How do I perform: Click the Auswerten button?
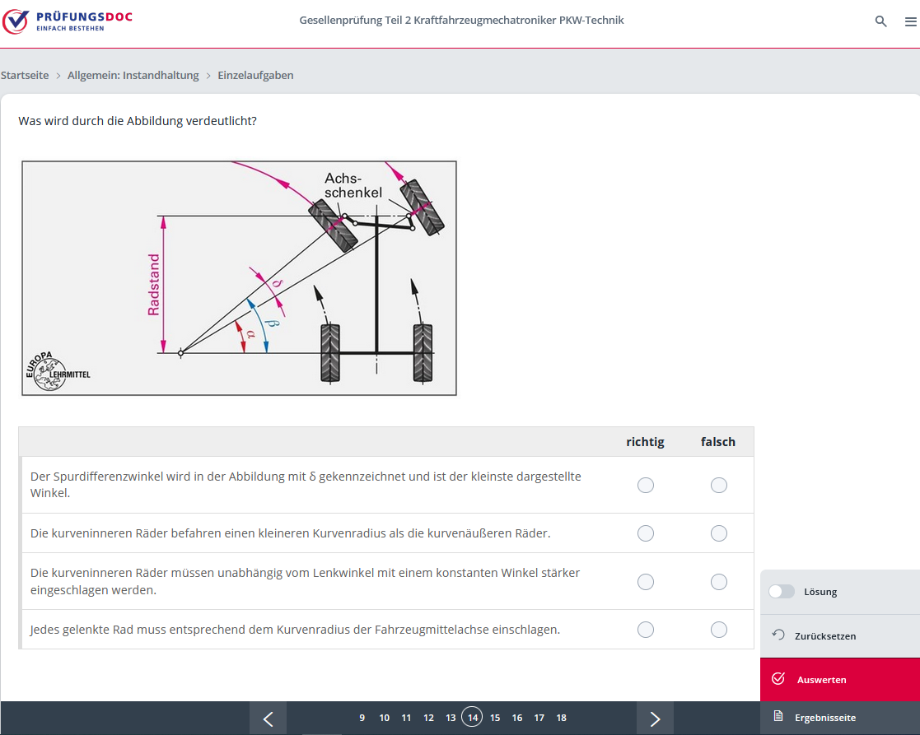[839, 679]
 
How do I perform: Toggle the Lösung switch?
[782, 592]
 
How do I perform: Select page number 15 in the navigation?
[495, 718]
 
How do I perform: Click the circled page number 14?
[472, 717]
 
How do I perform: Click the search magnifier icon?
[880, 21]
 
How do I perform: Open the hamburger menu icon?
[911, 21]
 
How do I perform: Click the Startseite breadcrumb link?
[25, 75]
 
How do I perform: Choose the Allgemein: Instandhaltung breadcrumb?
[133, 75]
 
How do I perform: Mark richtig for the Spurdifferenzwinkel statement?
[646, 486]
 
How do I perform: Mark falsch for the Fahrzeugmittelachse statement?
[719, 630]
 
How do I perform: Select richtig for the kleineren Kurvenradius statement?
[646, 533]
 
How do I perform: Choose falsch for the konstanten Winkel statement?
[719, 581]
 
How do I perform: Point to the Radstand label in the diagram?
[154, 285]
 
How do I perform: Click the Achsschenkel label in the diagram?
[353, 185]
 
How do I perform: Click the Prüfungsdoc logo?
[68, 21]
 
